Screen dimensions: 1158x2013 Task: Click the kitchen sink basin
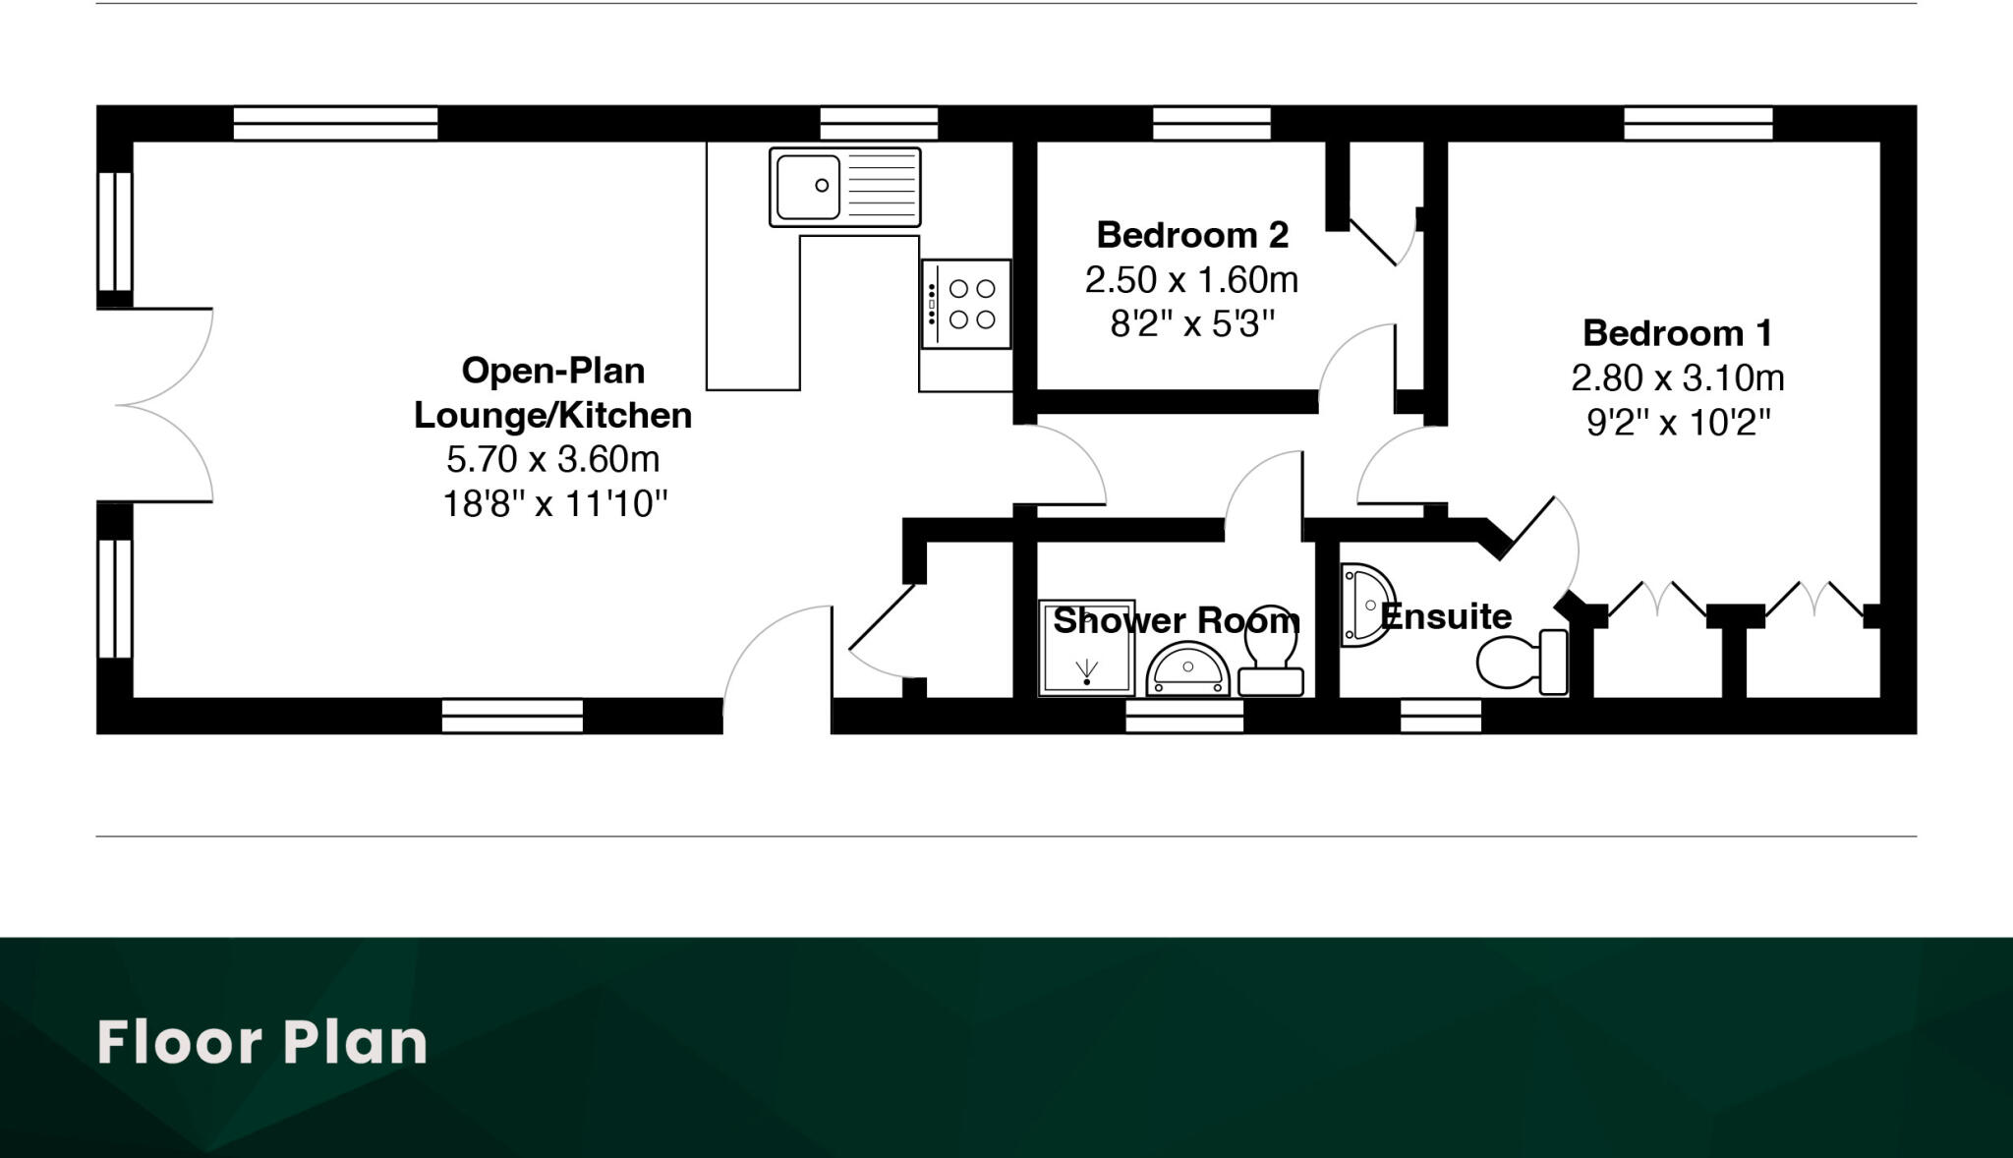click(x=808, y=187)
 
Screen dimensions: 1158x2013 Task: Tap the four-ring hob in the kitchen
click(x=966, y=304)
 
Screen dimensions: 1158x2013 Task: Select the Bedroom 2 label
click(x=1191, y=235)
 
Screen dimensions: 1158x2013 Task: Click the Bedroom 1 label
click(x=1677, y=333)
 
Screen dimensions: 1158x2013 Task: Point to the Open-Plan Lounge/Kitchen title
click(x=552, y=393)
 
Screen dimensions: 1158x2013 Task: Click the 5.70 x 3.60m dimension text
click(x=552, y=459)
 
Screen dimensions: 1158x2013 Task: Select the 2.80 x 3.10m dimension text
click(x=1677, y=377)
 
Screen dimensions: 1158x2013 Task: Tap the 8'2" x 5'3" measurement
click(x=1191, y=323)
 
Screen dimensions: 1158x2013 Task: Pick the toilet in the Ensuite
click(x=1519, y=662)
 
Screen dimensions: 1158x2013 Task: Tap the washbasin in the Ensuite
click(x=1366, y=605)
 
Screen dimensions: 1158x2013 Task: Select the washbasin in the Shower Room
click(x=1188, y=670)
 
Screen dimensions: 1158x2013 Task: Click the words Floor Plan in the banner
click(x=262, y=1043)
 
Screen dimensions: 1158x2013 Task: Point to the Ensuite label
click(x=1446, y=616)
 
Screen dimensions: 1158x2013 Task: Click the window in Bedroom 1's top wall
click(x=1697, y=124)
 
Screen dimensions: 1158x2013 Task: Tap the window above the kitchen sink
click(x=879, y=124)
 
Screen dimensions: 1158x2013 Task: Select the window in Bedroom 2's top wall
click(x=1211, y=124)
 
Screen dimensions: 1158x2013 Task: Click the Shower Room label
click(x=1176, y=620)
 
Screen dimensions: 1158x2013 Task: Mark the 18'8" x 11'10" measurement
click(x=554, y=504)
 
